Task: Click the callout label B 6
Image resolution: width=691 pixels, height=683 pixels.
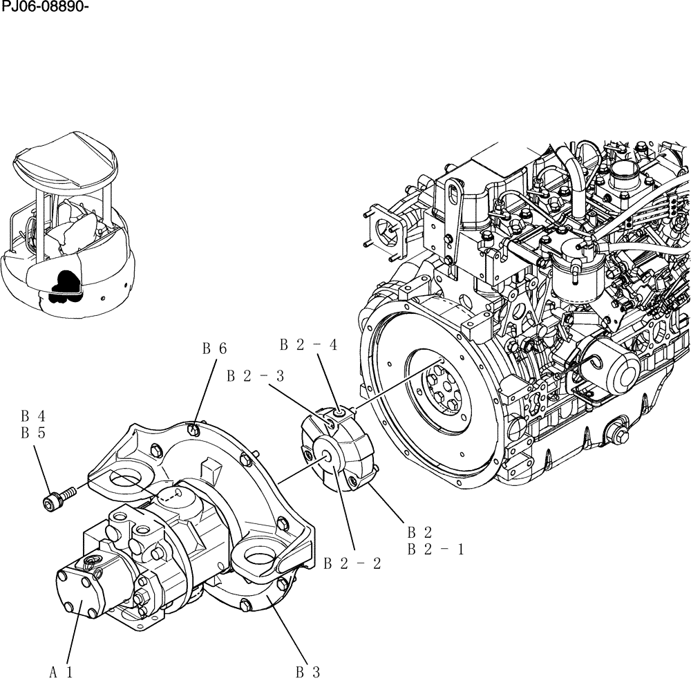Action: [214, 349]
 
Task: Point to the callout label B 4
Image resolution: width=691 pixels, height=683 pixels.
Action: [32, 416]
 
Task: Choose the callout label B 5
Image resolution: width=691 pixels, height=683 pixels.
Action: [32, 433]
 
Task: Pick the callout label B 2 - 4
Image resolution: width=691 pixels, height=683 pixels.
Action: [308, 344]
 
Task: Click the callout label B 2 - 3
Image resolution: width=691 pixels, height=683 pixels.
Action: [255, 376]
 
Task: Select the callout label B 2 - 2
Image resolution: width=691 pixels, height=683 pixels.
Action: [352, 563]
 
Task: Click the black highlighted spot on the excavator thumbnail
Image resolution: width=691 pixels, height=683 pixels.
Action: [67, 284]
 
